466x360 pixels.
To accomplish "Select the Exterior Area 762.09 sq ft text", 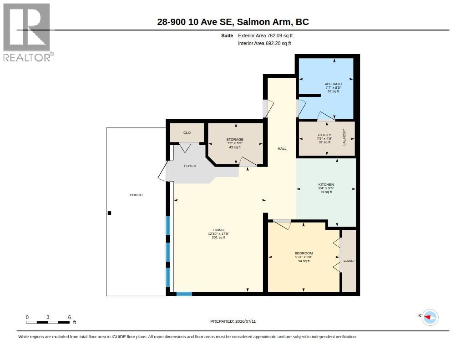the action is pos(265,35).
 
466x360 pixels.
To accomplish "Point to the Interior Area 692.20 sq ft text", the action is pos(264,43).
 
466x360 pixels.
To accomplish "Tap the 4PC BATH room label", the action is pos(333,84).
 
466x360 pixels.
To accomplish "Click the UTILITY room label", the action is pos(324,135).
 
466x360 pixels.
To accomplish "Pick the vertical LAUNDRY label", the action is pos(344,137).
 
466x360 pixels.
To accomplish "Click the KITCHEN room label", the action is pos(326,185).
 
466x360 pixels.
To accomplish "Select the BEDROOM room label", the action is pos(304,254).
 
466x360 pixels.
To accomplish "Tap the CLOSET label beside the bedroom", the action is pos(349,261).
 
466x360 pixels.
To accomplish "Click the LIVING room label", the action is pos(218,230).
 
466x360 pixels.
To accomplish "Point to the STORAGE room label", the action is pos(235,139).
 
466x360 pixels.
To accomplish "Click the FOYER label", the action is pos(190,166).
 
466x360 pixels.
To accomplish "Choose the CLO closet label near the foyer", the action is pos(187,132).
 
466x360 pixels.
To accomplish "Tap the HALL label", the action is pos(282,149).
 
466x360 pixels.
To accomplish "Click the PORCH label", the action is pos(136,195).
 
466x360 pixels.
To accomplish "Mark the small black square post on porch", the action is pos(109,213).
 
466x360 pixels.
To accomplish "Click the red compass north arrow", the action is pos(427,317).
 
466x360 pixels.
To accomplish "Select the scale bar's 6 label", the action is pos(69,317).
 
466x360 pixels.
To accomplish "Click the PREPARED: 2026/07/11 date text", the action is pos(233,321).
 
